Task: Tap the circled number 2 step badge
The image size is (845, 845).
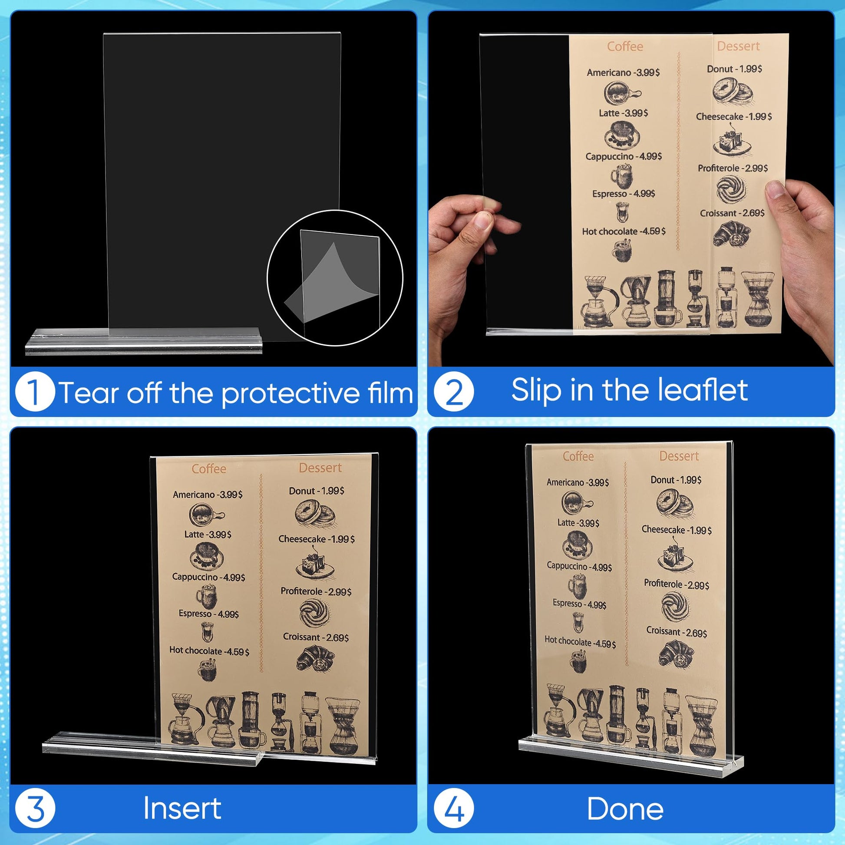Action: [x=454, y=391]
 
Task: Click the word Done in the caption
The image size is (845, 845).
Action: [x=625, y=809]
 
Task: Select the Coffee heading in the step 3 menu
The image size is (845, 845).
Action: [x=208, y=469]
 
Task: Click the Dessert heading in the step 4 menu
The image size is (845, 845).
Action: [x=679, y=456]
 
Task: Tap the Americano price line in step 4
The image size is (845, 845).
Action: [x=578, y=482]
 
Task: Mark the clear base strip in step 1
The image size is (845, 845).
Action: [x=144, y=341]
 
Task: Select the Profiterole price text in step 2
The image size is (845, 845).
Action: [x=733, y=168]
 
